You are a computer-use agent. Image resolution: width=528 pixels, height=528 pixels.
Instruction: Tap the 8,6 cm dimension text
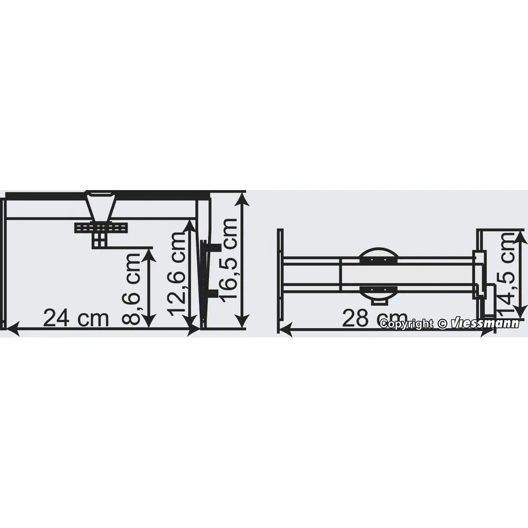132,288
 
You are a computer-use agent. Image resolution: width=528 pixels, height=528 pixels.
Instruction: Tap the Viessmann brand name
485,324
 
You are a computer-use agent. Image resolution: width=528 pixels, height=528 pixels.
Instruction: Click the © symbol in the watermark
442,324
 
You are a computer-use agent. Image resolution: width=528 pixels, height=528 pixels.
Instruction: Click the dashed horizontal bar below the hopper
101,228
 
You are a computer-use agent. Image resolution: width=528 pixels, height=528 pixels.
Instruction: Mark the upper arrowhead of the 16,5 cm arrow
242,198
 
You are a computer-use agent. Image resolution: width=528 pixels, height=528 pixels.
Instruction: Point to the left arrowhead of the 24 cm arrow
11,329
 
